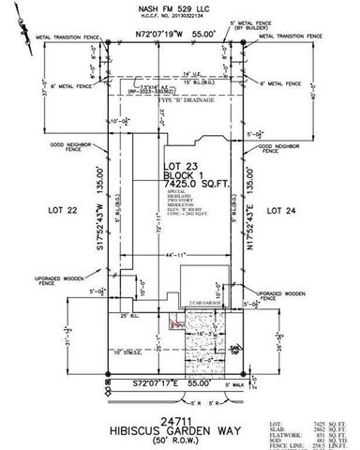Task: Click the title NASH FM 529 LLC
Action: click(x=179, y=6)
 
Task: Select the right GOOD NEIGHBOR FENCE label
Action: click(x=285, y=146)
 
